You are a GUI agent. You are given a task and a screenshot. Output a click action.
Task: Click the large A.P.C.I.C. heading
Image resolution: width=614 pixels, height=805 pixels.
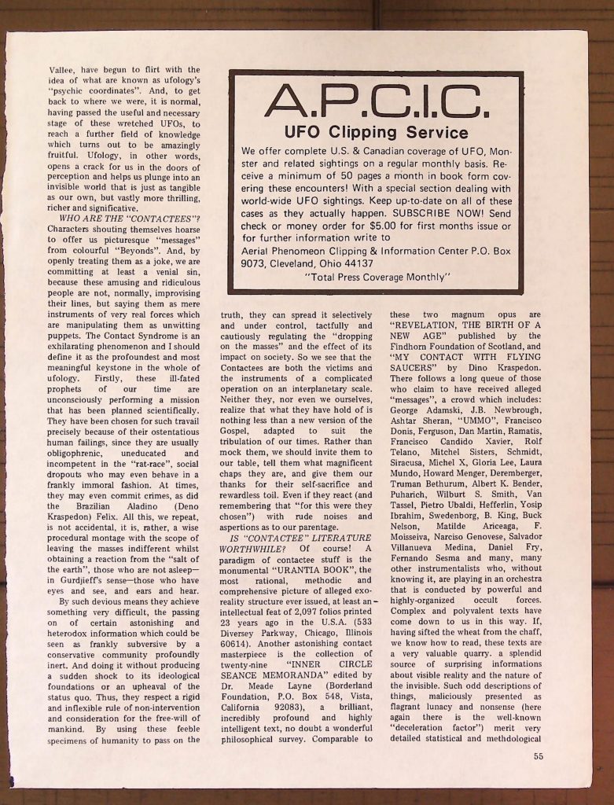(375, 101)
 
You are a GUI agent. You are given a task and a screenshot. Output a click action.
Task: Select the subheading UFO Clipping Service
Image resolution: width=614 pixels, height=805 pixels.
(376, 133)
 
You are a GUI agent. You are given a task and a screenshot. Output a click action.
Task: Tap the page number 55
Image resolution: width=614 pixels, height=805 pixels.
(538, 757)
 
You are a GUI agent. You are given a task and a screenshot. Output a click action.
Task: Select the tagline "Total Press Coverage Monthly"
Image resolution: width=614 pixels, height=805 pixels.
(377, 277)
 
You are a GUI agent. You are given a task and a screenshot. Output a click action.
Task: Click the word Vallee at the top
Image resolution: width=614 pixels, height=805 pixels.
(63, 69)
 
